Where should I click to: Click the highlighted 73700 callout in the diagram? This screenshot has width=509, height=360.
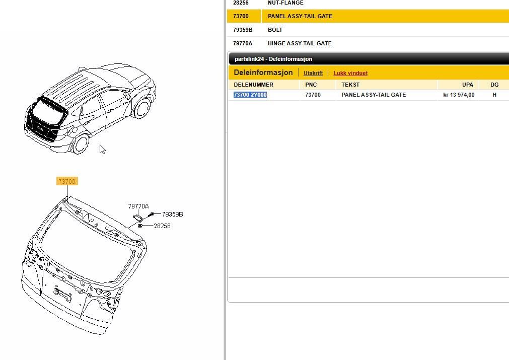(x=67, y=181)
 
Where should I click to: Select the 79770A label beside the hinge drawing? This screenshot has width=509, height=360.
(x=138, y=206)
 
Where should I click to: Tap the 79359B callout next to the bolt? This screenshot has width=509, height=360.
(x=172, y=214)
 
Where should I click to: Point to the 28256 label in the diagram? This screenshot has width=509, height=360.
(x=162, y=226)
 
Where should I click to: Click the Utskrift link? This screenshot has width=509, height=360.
(x=313, y=73)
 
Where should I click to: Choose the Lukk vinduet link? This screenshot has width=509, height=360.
(x=350, y=73)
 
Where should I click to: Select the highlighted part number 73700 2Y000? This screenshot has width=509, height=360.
(x=250, y=95)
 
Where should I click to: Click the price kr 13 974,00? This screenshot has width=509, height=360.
(x=459, y=95)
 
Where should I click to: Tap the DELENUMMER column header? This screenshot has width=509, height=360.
(x=254, y=85)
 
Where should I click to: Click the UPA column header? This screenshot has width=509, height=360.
(x=467, y=85)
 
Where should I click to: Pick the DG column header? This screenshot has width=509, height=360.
(x=494, y=85)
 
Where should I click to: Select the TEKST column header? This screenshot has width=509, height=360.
(x=350, y=85)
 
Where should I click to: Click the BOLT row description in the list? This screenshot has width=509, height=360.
(x=275, y=30)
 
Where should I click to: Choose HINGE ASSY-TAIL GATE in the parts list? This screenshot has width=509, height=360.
(x=300, y=43)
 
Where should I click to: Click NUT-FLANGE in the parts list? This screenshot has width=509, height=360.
(x=285, y=3)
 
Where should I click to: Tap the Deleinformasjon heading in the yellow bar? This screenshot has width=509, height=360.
(x=263, y=73)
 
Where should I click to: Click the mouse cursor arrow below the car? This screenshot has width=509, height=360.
(x=102, y=149)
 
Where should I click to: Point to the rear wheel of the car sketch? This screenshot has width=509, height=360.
(x=81, y=143)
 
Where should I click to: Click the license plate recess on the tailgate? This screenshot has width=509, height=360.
(x=62, y=294)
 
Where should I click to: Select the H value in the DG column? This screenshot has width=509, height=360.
(x=494, y=95)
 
